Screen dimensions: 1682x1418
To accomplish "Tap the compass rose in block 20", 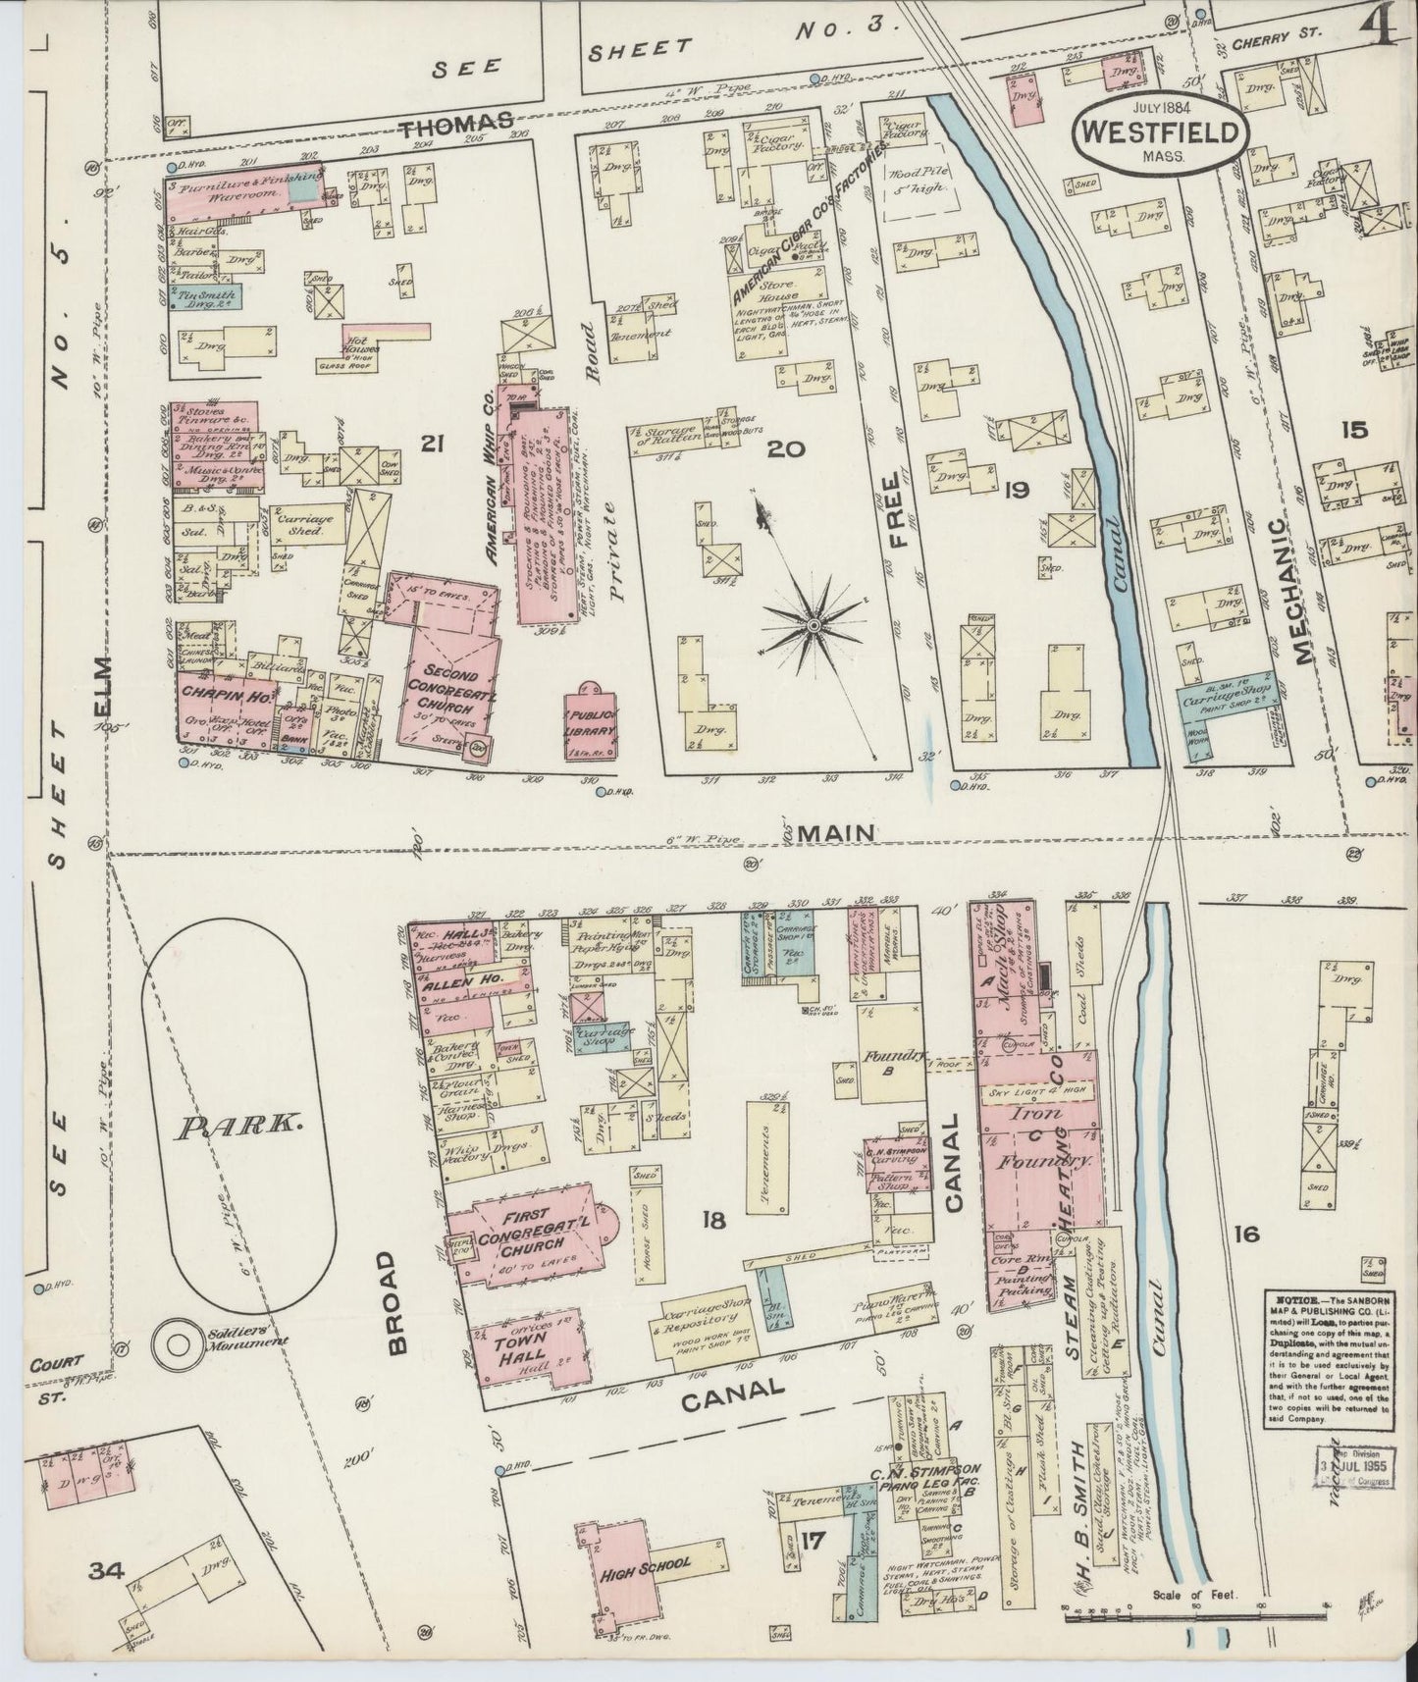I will pos(814,624).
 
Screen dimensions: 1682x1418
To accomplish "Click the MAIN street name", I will pos(835,833).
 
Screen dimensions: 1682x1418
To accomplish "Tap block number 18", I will pos(713,1220).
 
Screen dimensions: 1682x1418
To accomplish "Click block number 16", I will pos(1246,1234).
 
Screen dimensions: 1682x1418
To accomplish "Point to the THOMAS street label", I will pos(454,122).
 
